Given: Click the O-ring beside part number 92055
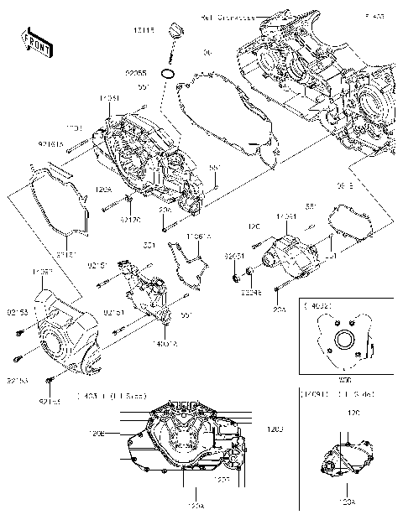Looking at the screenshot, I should [x=168, y=75].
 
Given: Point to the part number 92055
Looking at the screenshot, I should [x=139, y=73].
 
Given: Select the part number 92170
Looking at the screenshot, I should [x=129, y=221].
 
